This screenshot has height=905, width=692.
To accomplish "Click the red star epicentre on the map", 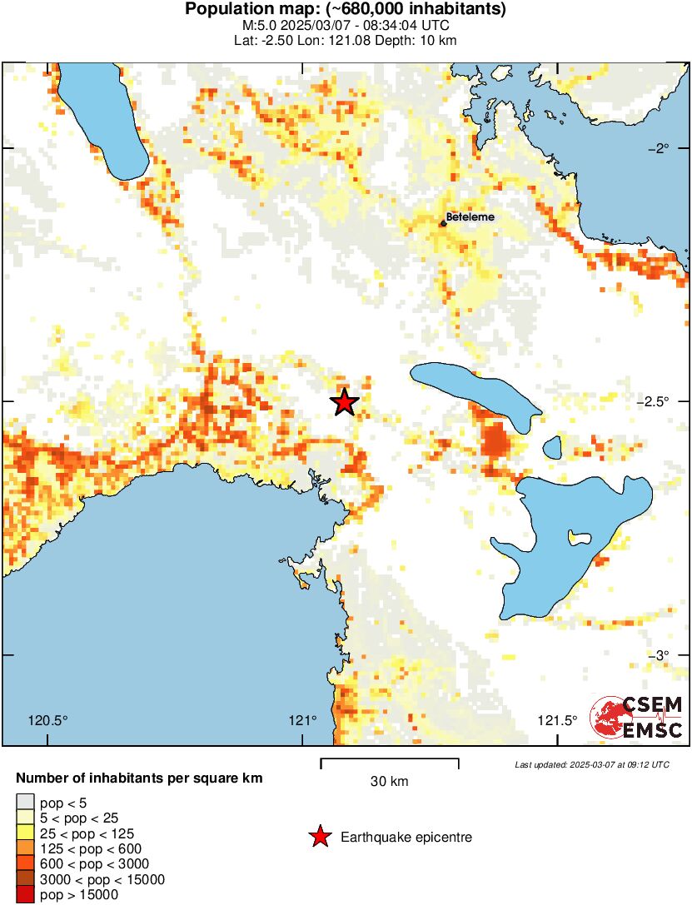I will (344, 401).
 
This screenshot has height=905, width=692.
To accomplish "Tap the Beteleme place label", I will (470, 217).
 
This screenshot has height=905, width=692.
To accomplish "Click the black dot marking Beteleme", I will (443, 222).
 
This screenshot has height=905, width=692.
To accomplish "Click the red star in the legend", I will (319, 837).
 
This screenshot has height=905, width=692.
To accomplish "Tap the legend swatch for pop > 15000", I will (25, 895).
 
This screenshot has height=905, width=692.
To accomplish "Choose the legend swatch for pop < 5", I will (25, 802).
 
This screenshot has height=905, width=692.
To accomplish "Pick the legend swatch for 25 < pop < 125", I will (25, 833).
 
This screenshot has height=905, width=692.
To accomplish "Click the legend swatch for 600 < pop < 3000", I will (25, 864).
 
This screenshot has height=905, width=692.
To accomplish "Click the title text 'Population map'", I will (346, 10).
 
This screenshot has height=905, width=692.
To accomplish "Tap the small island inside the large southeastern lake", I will (575, 537).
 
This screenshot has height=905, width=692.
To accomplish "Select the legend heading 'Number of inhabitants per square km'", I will (140, 779).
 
